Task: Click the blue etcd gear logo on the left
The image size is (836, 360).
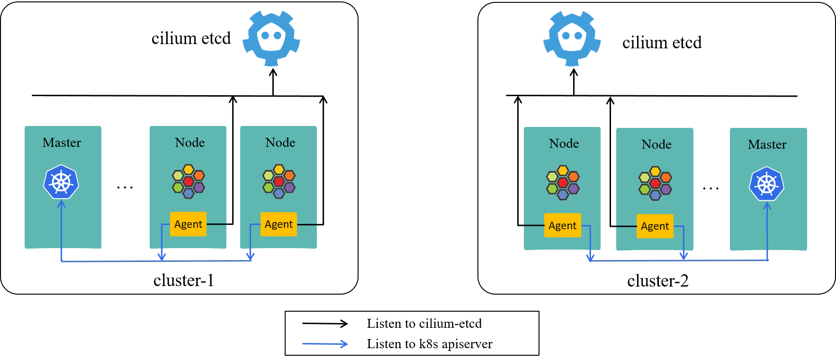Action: pyautogui.click(x=271, y=38)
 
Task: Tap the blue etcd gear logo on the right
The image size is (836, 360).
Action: pyautogui.click(x=572, y=38)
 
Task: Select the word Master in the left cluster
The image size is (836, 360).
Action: pyautogui.click(x=62, y=143)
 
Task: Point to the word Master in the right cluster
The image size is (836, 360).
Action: pyautogui.click(x=767, y=144)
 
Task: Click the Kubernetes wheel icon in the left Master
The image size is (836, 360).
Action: pyautogui.click(x=61, y=182)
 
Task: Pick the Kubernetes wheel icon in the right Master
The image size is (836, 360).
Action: pyautogui.click(x=766, y=184)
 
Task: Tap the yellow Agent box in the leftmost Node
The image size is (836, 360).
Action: pyautogui.click(x=188, y=224)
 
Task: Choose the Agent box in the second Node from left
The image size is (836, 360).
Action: pyautogui.click(x=279, y=224)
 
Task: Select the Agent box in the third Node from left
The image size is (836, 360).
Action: pyautogui.click(x=562, y=225)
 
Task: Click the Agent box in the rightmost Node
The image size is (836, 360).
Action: pyautogui.click(x=655, y=226)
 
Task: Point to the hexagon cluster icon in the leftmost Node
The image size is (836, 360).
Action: pyautogui.click(x=188, y=181)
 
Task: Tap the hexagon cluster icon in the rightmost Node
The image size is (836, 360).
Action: pyautogui.click(x=655, y=183)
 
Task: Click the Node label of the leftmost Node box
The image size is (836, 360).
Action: pyautogui.click(x=189, y=143)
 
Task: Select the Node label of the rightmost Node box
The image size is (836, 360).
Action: pyautogui.click(x=656, y=144)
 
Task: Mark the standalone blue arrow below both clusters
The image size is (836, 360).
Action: pyautogui.click(x=325, y=344)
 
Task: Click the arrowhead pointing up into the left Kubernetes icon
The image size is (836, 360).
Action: pyautogui.click(x=61, y=204)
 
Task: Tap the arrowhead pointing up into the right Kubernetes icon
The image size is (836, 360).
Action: pyautogui.click(x=767, y=206)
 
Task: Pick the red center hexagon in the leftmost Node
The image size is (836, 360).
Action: pyautogui.click(x=188, y=181)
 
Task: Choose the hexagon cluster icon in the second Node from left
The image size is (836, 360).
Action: pyautogui.click(x=279, y=181)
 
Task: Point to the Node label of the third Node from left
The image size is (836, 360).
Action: pyautogui.click(x=564, y=144)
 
